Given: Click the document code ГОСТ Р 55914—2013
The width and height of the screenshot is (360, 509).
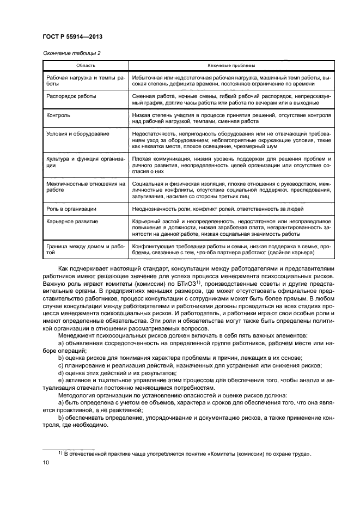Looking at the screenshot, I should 72,36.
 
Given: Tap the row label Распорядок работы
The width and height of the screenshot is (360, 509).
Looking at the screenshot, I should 71,96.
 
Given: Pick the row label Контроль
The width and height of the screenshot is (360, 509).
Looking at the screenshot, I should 58,115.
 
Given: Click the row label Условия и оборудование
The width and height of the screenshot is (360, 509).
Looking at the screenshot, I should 78,133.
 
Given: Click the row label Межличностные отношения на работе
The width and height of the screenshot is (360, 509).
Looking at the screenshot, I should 86,187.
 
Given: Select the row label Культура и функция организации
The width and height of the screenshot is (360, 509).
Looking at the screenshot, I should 86,162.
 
